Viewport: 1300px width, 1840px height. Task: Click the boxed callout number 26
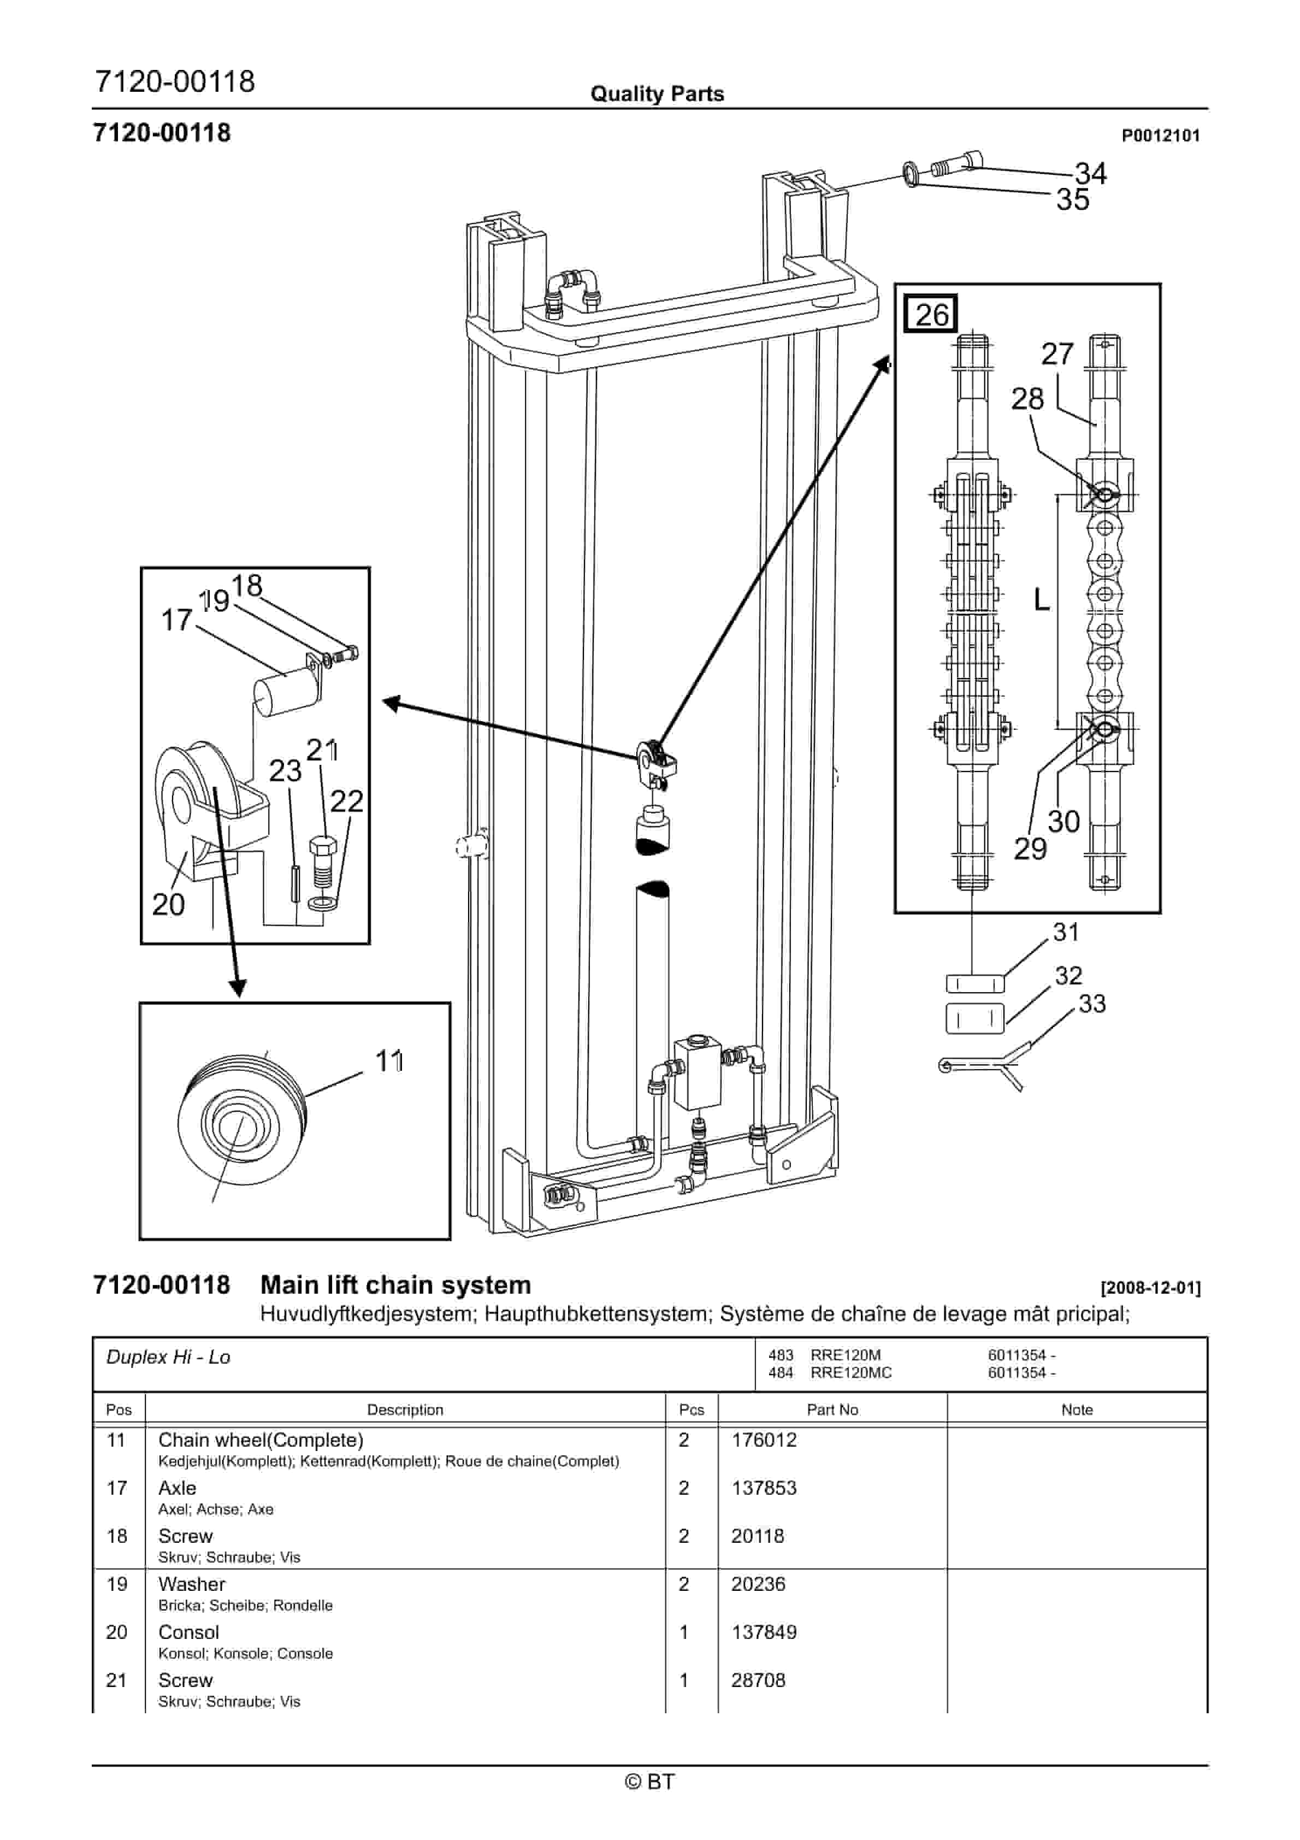tap(931, 314)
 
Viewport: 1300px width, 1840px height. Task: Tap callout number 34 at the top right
tap(1090, 173)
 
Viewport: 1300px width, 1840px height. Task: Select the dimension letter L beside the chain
tap(1041, 599)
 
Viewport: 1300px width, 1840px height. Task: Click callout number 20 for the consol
tap(168, 904)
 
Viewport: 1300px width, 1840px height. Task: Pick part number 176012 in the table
tap(764, 1440)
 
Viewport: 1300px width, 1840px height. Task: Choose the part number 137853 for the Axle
tap(764, 1488)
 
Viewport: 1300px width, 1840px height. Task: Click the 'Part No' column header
tap(832, 1410)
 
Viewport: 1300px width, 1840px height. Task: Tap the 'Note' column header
tap(1077, 1410)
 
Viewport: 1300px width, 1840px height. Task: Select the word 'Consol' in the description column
tap(188, 1632)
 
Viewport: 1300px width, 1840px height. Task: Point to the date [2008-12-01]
tap(1150, 1289)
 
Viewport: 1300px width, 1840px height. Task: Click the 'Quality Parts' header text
tap(657, 94)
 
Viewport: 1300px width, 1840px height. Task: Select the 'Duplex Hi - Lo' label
tap(168, 1357)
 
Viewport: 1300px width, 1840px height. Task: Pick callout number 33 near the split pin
tap(1091, 1004)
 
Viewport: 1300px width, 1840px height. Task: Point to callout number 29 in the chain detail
tap(1030, 848)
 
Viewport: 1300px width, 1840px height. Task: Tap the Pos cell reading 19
tap(117, 1584)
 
